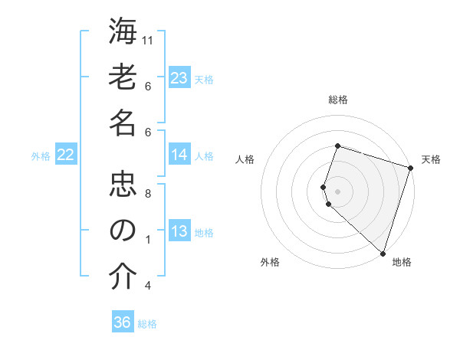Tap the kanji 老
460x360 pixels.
coord(122,77)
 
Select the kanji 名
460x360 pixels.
coord(122,123)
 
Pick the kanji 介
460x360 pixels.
coord(122,277)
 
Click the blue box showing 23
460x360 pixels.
coord(179,77)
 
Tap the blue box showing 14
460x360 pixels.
coord(179,155)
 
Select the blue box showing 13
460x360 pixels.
coord(179,231)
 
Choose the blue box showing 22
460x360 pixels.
coord(66,155)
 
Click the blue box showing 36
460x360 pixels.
coord(123,322)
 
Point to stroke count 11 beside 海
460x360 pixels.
coord(149,40)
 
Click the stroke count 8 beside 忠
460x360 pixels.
coord(148,194)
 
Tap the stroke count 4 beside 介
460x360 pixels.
coord(148,286)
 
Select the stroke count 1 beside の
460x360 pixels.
coord(148,240)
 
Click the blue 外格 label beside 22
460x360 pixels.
coord(41,155)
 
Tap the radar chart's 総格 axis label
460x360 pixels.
coord(338,100)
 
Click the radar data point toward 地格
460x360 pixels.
coord(382,252)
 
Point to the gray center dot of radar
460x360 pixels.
coord(338,189)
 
